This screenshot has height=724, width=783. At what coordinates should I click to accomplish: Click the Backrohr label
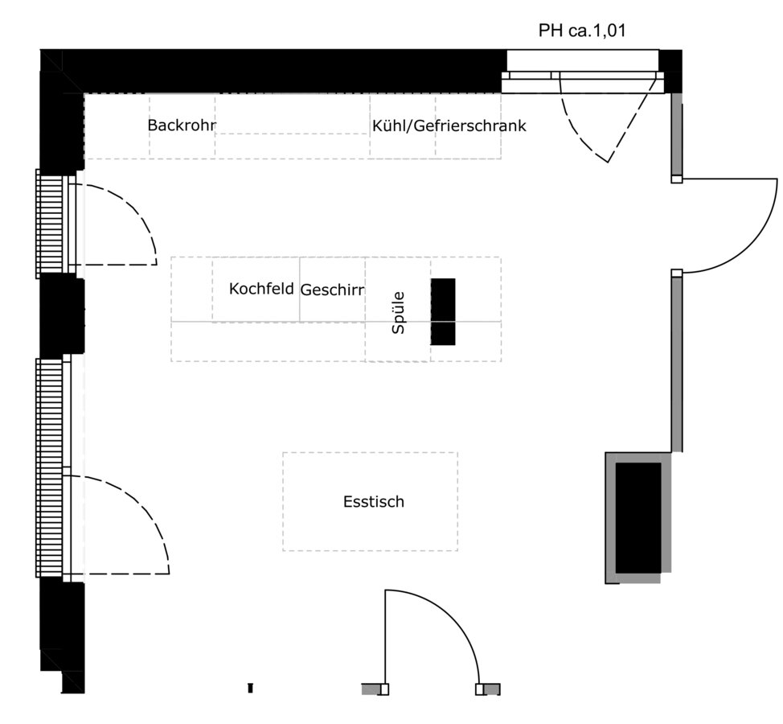tap(182, 125)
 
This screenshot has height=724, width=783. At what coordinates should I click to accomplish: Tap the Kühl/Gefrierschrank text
tap(449, 125)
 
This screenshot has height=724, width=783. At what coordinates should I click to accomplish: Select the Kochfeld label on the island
tap(261, 288)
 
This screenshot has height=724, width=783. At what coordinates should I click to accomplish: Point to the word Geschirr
tap(332, 290)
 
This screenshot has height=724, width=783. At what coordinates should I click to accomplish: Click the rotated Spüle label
tap(398, 313)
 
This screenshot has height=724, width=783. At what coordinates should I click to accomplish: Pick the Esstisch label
tap(373, 502)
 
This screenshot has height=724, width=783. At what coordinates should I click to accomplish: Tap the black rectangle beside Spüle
tap(442, 311)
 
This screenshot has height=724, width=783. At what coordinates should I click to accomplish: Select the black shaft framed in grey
tap(638, 517)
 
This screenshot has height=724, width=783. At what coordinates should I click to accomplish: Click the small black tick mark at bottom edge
tap(250, 688)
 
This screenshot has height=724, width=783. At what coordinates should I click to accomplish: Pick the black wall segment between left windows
tap(61, 314)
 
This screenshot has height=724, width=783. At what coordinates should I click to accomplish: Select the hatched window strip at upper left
tap(49, 223)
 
